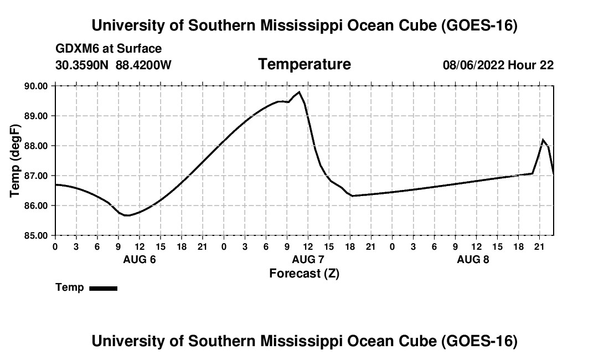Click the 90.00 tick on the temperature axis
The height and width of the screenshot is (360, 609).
tap(36, 86)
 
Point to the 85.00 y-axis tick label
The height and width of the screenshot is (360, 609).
tap(36, 235)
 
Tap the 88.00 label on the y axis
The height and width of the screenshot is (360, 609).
tap(36, 146)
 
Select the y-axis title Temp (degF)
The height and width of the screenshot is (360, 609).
tap(15, 161)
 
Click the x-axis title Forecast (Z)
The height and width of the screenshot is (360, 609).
tap(304, 274)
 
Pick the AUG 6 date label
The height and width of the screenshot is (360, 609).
tap(140, 259)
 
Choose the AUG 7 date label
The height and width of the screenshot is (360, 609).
tap(308, 259)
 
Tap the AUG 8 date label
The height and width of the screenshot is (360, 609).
tap(473, 259)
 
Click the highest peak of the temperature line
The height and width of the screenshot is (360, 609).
tap(298, 92)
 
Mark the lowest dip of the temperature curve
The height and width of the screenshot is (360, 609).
tap(127, 215)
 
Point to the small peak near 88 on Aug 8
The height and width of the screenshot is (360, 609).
tap(543, 140)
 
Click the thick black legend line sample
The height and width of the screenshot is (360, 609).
tap(104, 288)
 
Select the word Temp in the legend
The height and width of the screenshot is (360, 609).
tap(70, 287)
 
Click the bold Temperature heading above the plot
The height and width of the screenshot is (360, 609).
tap(304, 64)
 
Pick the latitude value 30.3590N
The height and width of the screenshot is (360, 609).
tap(82, 65)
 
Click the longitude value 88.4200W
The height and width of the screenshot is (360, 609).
tap(143, 65)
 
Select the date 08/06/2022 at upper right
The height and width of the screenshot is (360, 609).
tap(473, 65)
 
